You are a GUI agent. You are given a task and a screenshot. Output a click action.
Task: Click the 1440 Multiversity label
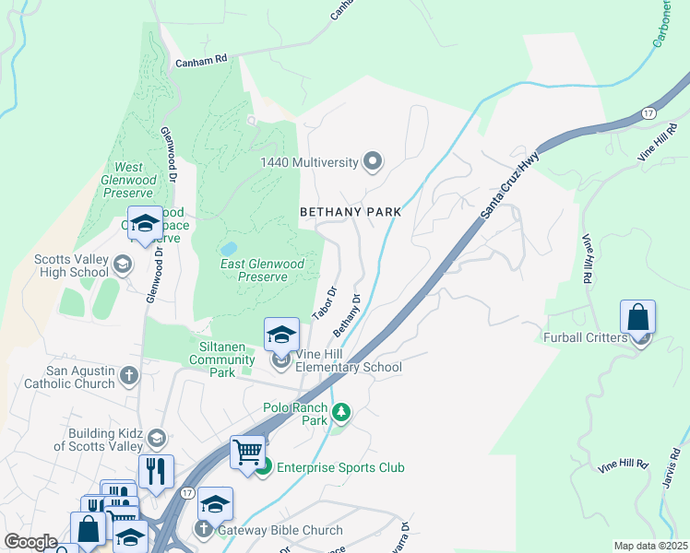click(x=308, y=162)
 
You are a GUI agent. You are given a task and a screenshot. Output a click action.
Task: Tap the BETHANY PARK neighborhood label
click(x=351, y=212)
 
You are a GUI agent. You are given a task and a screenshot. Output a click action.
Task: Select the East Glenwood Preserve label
click(x=263, y=270)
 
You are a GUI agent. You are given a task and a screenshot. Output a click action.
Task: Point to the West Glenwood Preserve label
click(x=129, y=180)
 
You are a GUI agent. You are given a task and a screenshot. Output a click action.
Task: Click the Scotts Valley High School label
click(x=70, y=265)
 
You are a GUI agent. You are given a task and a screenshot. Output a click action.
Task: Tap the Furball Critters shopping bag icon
click(x=637, y=318)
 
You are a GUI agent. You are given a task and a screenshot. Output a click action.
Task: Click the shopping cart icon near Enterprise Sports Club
click(x=247, y=453)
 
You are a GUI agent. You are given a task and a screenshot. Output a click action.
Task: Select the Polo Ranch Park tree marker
click(x=341, y=412)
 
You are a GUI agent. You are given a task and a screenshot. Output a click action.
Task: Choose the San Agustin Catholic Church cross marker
click(x=129, y=375)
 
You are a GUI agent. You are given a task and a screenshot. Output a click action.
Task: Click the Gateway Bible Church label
click(x=280, y=530)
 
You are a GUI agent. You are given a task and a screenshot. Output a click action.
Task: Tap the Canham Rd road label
click(x=200, y=61)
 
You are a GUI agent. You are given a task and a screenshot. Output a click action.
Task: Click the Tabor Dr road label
click(x=324, y=302)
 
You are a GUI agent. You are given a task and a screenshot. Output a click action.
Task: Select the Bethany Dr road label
click(x=346, y=316)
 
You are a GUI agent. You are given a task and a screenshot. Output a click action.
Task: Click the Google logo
click(x=30, y=542)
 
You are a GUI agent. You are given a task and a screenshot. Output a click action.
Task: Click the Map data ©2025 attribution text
click(x=650, y=546)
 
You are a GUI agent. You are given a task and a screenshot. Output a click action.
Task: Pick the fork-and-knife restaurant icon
click(x=156, y=470)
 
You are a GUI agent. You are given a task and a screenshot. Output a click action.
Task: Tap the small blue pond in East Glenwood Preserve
click(x=228, y=249)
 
